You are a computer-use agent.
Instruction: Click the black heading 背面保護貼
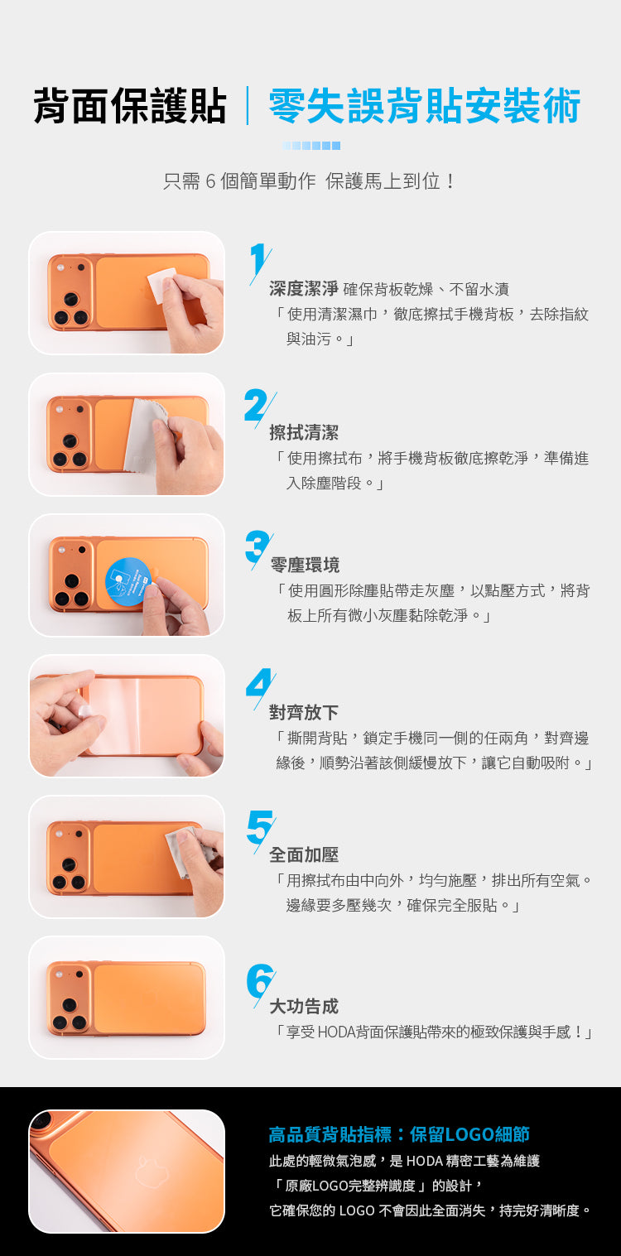coord(130,105)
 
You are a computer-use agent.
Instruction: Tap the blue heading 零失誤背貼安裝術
coord(424,105)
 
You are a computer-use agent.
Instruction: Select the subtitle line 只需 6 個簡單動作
coord(239,181)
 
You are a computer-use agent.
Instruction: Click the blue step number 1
coord(259,262)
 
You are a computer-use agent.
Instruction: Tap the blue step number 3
coord(258,548)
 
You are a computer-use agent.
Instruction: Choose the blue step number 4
coord(260,686)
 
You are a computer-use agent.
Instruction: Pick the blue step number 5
coord(260,830)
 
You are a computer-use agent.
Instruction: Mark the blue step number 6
coord(260,983)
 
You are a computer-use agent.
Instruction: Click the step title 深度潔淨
coord(304,289)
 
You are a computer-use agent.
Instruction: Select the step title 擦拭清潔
coord(304,432)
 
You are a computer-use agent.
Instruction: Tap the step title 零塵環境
coord(305,565)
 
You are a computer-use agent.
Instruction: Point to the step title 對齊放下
coord(304,712)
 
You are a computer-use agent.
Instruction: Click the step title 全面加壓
coord(304,854)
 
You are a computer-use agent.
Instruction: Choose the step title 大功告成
coord(304,1006)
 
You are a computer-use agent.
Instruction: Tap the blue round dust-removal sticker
coord(128,581)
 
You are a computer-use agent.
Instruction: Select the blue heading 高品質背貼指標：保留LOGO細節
coord(399,1134)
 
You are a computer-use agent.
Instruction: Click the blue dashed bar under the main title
coord(311,146)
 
